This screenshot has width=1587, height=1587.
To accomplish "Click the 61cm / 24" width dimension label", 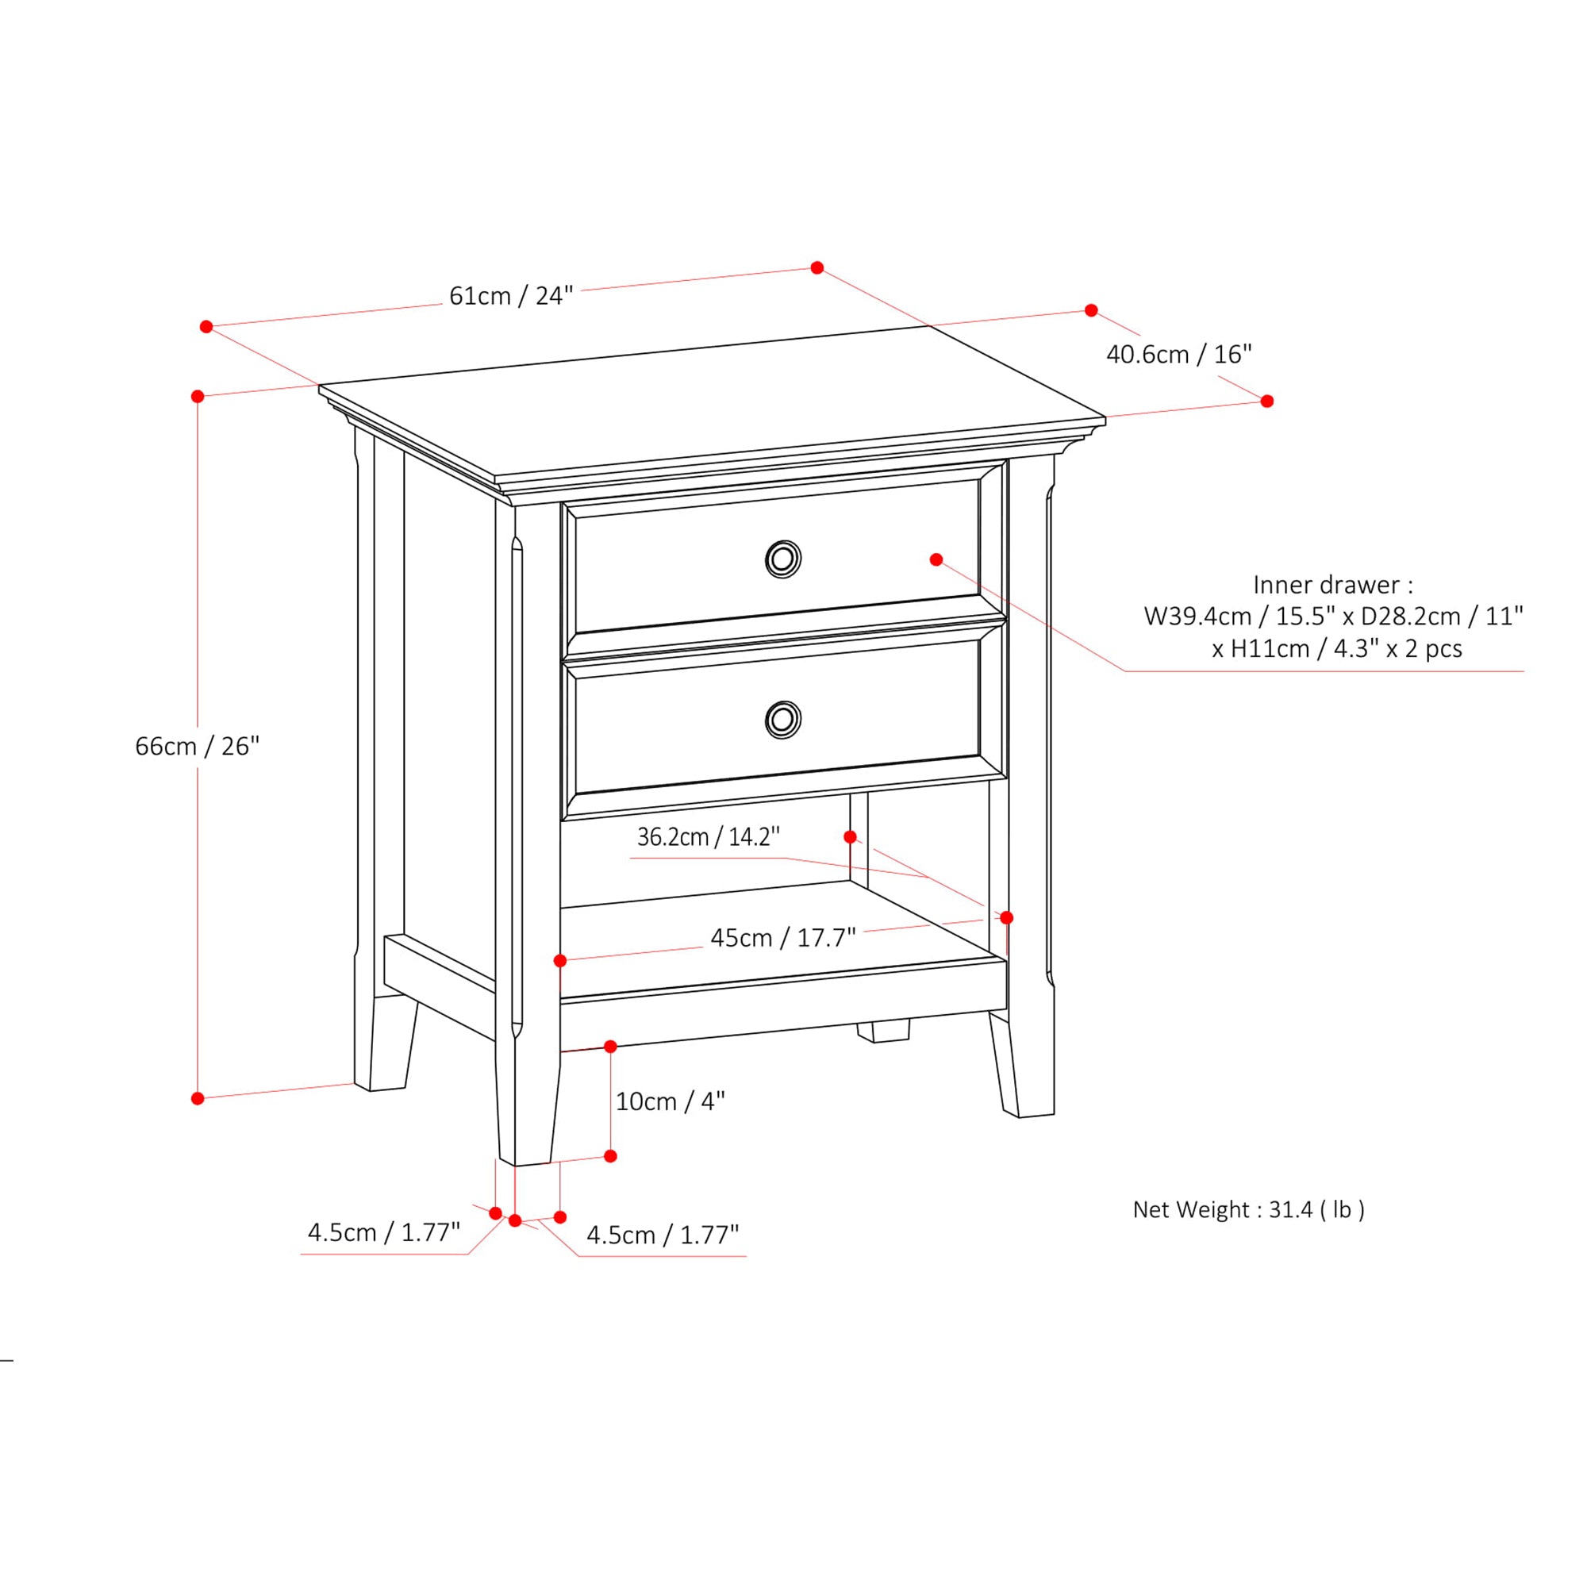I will point(511,296).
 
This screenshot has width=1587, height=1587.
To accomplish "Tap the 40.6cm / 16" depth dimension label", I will point(1179,354).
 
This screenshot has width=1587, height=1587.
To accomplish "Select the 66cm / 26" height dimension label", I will point(197,746).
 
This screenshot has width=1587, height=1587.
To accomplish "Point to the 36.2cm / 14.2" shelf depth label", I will point(708,837).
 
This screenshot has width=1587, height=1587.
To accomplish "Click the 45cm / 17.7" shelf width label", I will point(783,937).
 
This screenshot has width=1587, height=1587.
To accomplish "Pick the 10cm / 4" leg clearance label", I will point(671,1101).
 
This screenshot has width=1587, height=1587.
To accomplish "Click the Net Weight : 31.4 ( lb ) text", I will point(1248,1209).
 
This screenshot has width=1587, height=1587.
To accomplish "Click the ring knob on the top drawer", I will point(783,559).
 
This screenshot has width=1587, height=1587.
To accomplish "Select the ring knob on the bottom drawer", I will point(783,720).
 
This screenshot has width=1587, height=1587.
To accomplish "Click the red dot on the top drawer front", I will point(936,559).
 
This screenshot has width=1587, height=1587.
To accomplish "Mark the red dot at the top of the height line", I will point(198,397).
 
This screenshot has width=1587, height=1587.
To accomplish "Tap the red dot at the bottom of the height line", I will point(198,1098).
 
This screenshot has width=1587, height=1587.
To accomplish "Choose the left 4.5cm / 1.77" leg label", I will point(383,1232).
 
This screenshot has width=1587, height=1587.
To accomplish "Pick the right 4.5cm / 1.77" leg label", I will point(662,1235).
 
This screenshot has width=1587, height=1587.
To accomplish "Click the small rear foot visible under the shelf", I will point(883,1032).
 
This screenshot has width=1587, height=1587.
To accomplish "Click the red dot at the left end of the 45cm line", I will point(560,961).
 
